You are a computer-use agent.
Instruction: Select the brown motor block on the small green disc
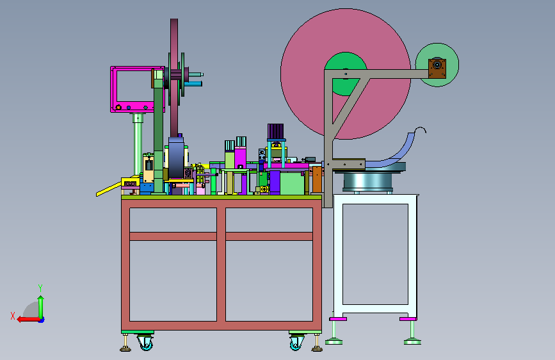pyautogui.click(x=437, y=68)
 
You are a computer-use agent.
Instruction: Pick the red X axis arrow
pyautogui.click(x=28, y=319)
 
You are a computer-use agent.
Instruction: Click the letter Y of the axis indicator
pyautogui.click(x=40, y=288)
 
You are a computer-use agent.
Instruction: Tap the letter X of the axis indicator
pyautogui.click(x=13, y=316)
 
